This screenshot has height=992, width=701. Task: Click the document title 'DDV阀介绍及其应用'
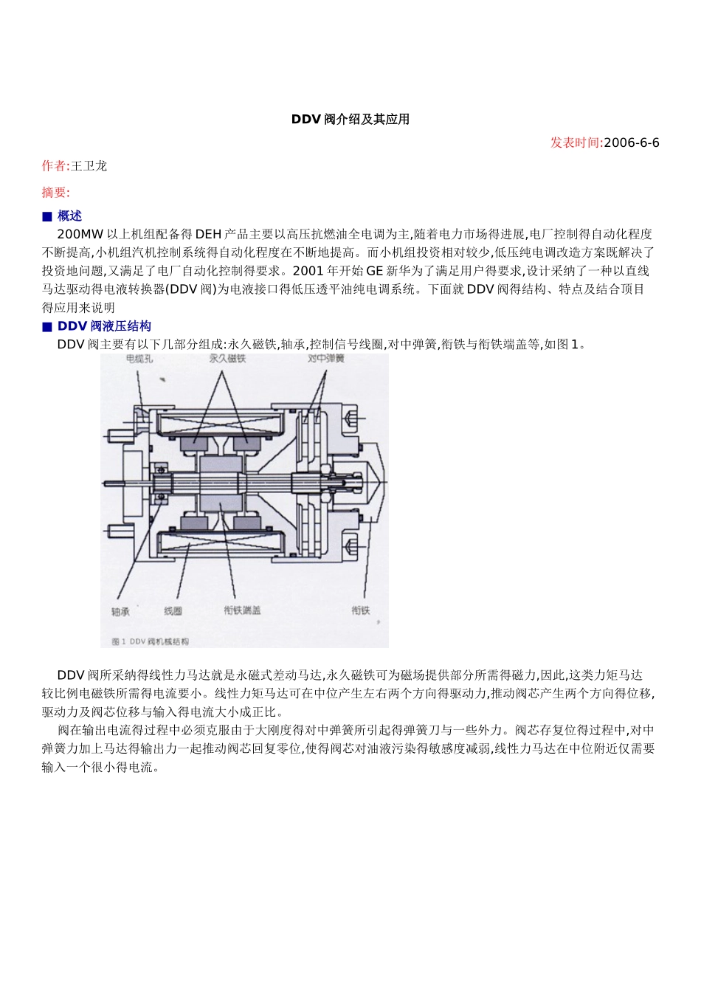[350, 120]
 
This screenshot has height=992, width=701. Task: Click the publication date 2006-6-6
[631, 143]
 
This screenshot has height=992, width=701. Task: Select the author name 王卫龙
[89, 166]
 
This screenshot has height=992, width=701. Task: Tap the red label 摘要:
[56, 193]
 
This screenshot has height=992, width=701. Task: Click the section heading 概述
[70, 216]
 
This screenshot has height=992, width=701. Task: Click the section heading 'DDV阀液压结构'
[105, 326]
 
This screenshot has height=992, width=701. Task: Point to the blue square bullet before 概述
[47, 217]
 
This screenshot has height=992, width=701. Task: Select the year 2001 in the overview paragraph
[308, 271]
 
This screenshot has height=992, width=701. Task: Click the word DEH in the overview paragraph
[208, 235]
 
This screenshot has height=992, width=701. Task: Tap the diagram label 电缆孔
[139, 359]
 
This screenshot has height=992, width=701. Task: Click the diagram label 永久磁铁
[227, 359]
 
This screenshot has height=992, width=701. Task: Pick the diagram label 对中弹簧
[326, 359]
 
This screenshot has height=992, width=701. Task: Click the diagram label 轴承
[120, 611]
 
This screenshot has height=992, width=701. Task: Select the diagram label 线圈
[173, 611]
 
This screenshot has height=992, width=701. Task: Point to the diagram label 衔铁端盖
[242, 610]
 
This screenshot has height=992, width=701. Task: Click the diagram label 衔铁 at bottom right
[361, 610]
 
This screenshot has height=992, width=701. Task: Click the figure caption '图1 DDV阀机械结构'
[151, 641]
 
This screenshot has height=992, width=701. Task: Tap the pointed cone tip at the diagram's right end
[386, 484]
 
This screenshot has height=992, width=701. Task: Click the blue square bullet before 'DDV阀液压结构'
[47, 327]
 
